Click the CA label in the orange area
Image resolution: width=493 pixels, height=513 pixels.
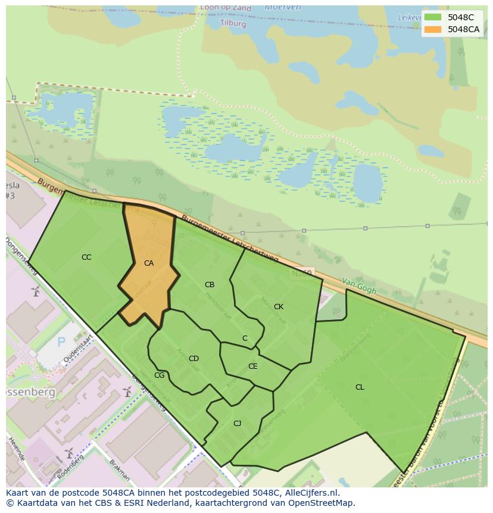[x=149, y=263]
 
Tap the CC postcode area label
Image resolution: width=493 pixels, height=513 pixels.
[x=86, y=257]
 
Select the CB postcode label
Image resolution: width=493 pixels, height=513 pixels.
[x=210, y=285]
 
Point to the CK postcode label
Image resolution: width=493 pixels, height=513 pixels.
[x=279, y=307]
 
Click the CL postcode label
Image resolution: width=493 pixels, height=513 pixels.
[x=360, y=387]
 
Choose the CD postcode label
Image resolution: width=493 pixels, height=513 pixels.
[x=194, y=359]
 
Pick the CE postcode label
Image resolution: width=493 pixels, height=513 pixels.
[x=253, y=366]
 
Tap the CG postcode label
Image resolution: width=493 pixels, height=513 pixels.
[x=159, y=375]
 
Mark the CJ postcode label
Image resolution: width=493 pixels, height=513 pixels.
[x=237, y=424]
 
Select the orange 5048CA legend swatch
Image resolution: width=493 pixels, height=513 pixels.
[x=433, y=29]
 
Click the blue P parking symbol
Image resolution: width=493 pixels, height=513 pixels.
[x=61, y=343]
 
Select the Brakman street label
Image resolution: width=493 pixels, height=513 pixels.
[x=119, y=470]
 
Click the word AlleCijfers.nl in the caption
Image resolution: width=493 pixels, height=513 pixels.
[x=310, y=493]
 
